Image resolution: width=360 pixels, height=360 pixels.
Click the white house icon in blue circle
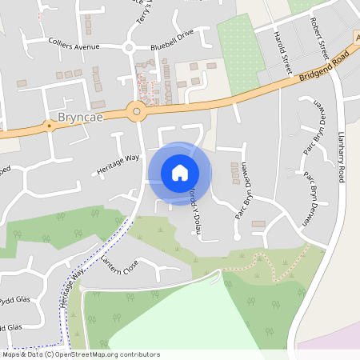coord(180,172)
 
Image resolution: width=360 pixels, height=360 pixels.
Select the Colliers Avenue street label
coord(74,45)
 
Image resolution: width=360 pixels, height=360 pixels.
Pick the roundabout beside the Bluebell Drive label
coord(129,48)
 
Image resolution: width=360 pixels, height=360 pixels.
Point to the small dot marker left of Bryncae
coord(50,125)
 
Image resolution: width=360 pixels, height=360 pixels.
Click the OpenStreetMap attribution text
coord(80,354)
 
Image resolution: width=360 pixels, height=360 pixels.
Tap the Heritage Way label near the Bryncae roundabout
coord(118,163)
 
